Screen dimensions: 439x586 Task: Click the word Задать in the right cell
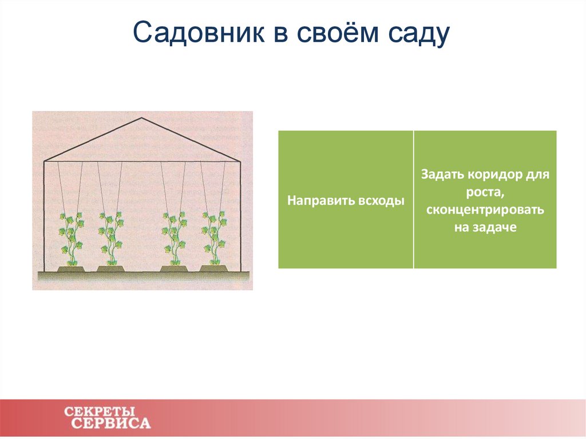pyautogui.click(x=441, y=175)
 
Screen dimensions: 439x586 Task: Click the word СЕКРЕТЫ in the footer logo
pyautogui.click(x=100, y=412)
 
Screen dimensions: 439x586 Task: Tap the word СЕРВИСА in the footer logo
pyautogui.click(x=112, y=424)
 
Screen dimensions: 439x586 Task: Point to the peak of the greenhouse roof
pyautogui.click(x=142, y=118)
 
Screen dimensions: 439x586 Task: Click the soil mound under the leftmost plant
pyautogui.click(x=71, y=268)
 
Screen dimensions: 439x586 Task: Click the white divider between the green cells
pyautogui.click(x=413, y=199)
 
